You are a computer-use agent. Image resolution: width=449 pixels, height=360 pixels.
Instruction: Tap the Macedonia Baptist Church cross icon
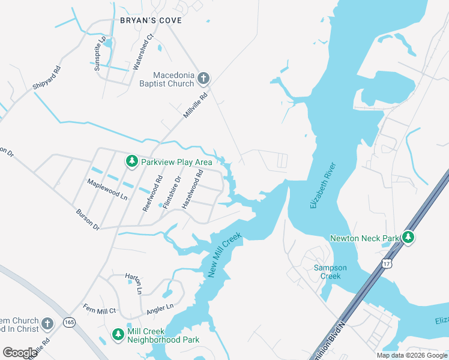click(203, 77)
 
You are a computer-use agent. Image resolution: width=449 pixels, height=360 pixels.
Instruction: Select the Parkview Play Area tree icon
click(132, 161)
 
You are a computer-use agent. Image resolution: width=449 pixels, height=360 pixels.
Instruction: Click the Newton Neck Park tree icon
click(408, 238)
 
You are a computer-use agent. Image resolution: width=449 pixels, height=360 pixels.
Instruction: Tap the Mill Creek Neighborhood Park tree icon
click(118, 334)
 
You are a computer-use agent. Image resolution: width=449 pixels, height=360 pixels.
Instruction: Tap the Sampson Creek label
click(327, 272)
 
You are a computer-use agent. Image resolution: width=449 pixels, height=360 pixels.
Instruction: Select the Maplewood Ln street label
click(107, 190)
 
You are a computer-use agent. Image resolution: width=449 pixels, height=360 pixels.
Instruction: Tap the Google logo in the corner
click(20, 353)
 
